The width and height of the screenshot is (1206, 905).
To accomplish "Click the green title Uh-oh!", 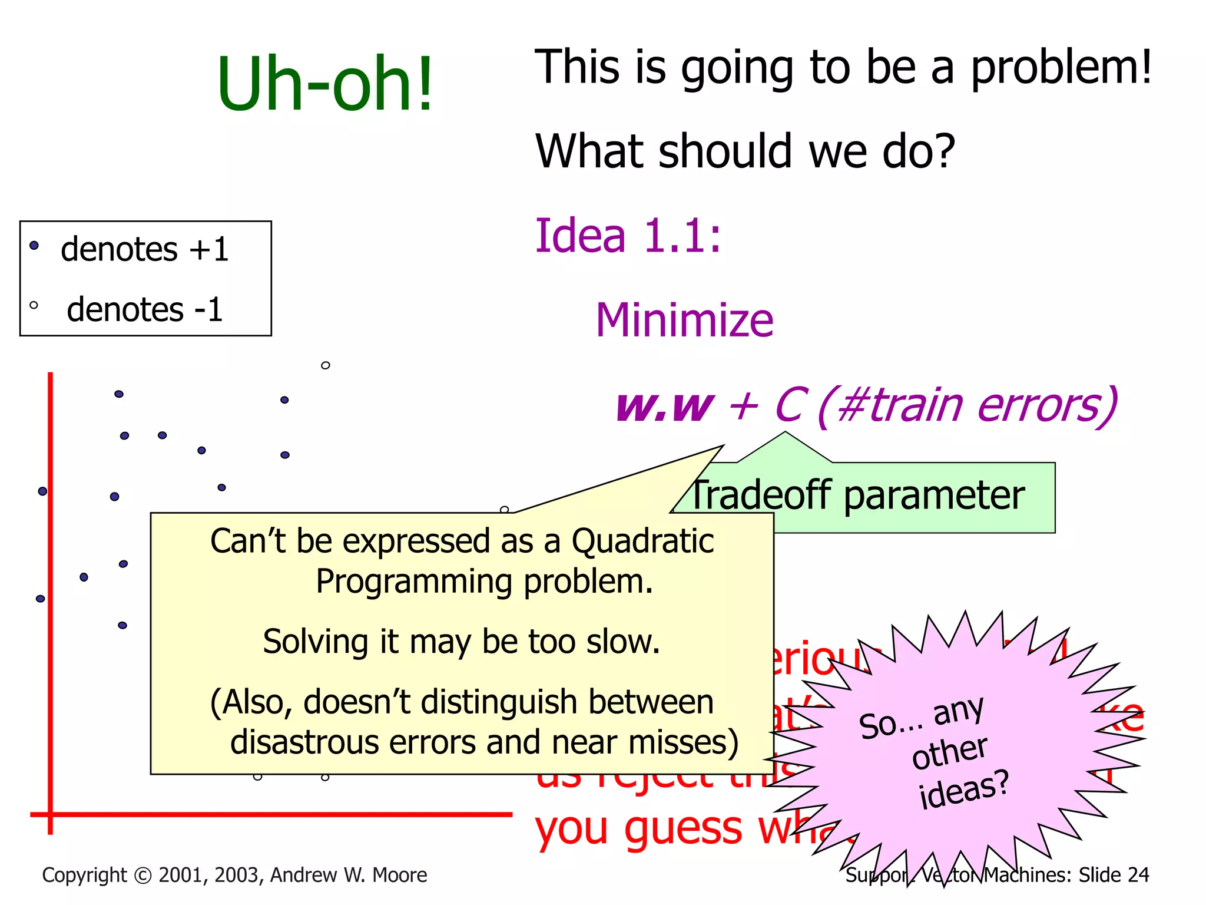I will (x=325, y=84).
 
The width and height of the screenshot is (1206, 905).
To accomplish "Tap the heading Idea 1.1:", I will (x=628, y=236).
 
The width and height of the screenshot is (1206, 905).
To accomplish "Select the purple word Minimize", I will (x=684, y=320).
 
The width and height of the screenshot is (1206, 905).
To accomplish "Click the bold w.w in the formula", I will (x=664, y=407).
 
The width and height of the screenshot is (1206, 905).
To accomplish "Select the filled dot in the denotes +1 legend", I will (x=34, y=245).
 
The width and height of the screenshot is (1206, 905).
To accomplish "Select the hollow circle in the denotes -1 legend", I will (x=34, y=305).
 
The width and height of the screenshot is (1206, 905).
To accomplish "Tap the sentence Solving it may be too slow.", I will (x=461, y=642).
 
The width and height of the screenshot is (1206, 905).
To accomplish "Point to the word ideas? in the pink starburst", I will (x=963, y=790).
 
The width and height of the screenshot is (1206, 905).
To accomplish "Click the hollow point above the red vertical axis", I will (x=325, y=365).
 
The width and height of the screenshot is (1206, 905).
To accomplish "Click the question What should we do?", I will (x=744, y=152).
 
